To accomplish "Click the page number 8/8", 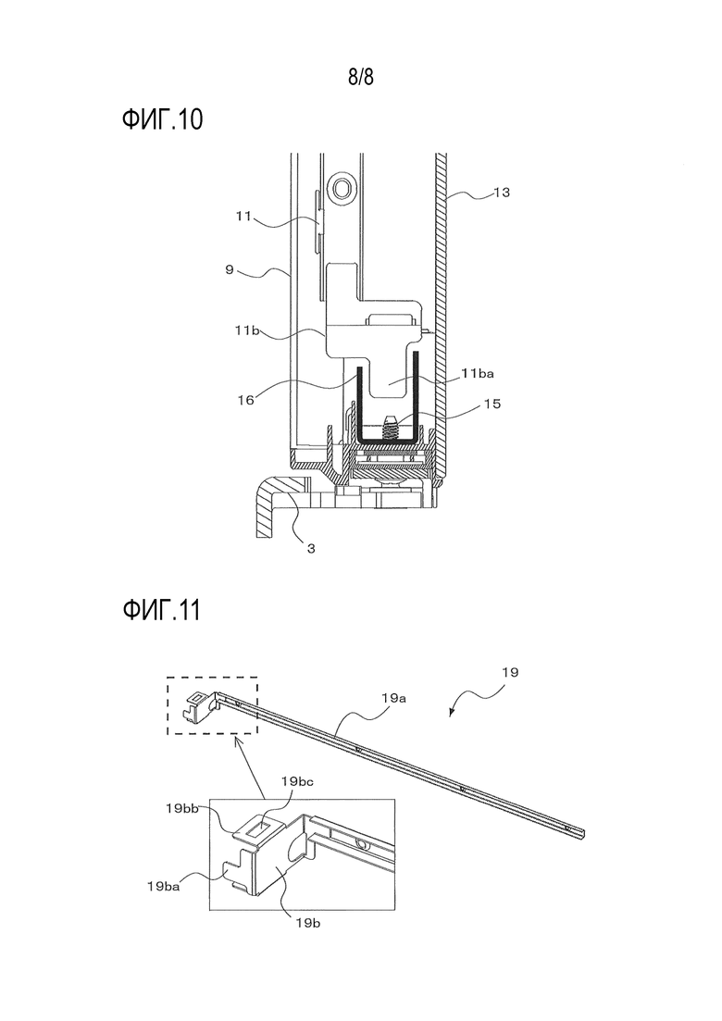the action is [x=361, y=78].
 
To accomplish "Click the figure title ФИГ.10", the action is [x=162, y=120].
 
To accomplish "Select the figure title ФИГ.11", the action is [x=161, y=611].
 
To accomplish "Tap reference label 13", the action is [x=502, y=193].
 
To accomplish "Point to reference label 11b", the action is [x=248, y=330].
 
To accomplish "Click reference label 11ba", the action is [x=478, y=374].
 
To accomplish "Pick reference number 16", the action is [x=245, y=401].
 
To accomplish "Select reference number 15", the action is [x=492, y=404].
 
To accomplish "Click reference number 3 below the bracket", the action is [x=311, y=549].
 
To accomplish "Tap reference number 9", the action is [x=230, y=269].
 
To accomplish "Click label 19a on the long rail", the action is [x=394, y=698].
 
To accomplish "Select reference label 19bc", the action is [x=297, y=780].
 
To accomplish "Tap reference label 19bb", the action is [x=182, y=808].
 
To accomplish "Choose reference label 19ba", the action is [x=164, y=886].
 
